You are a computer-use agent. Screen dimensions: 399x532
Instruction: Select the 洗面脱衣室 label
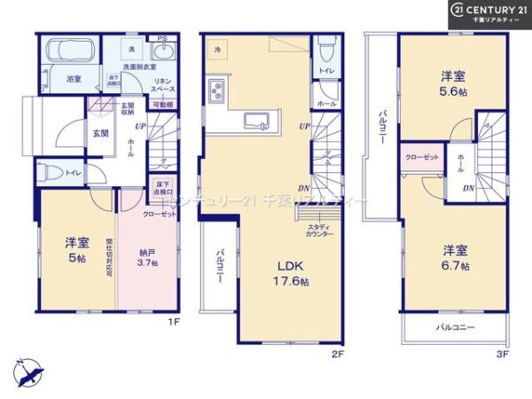click(x=138, y=67)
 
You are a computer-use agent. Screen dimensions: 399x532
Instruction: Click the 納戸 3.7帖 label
click(x=148, y=257)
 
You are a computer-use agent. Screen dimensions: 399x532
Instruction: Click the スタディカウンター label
click(x=320, y=231)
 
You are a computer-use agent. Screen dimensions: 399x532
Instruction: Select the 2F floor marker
click(x=337, y=352)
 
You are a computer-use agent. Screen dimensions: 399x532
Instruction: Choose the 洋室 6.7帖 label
click(x=453, y=256)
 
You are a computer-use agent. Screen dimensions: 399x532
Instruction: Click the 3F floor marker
click(x=502, y=354)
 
